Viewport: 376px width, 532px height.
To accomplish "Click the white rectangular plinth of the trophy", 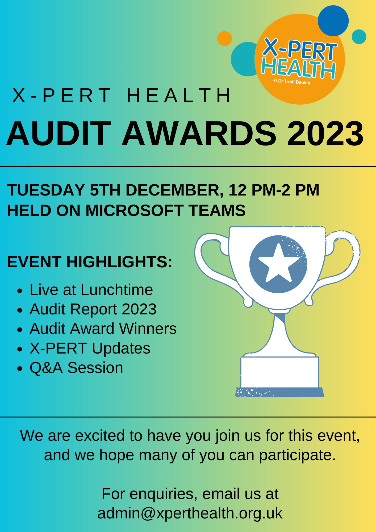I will pyautogui.click(x=279, y=372).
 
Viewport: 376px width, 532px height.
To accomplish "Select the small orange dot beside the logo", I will pyautogui.click(x=224, y=39).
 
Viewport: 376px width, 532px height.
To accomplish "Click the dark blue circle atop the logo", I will pyautogui.click(x=333, y=21).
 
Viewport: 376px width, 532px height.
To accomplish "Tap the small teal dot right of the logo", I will pyautogui.click(x=359, y=37).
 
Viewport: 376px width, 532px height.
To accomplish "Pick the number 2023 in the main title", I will pyautogui.click(x=325, y=134).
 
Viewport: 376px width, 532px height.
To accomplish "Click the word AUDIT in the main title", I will pyautogui.click(x=59, y=134).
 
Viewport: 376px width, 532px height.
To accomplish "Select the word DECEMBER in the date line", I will pyautogui.click(x=174, y=190).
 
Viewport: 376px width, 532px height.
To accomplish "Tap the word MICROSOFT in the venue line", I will pyautogui.click(x=134, y=210).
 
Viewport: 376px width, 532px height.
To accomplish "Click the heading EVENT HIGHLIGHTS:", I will pyautogui.click(x=90, y=262).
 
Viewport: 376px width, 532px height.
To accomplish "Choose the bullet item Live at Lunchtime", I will pyautogui.click(x=91, y=290).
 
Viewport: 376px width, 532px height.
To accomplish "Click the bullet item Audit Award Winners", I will pyautogui.click(x=103, y=329).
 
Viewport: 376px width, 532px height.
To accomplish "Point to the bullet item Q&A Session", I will pyautogui.click(x=76, y=368).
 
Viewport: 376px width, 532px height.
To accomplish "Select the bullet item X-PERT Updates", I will pyautogui.click(x=90, y=348).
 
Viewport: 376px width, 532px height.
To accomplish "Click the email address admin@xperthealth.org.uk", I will pyautogui.click(x=190, y=513).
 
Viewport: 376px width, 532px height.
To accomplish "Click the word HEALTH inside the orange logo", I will pyautogui.click(x=298, y=68).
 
